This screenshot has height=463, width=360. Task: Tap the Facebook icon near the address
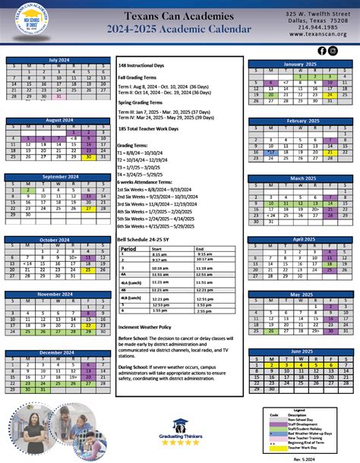(x=321, y=51)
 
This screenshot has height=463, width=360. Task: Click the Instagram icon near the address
(x=333, y=51)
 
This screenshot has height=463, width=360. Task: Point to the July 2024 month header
(x=58, y=61)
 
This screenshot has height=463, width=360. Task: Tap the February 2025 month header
(x=302, y=121)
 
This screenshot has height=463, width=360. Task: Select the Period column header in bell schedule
(x=128, y=248)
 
